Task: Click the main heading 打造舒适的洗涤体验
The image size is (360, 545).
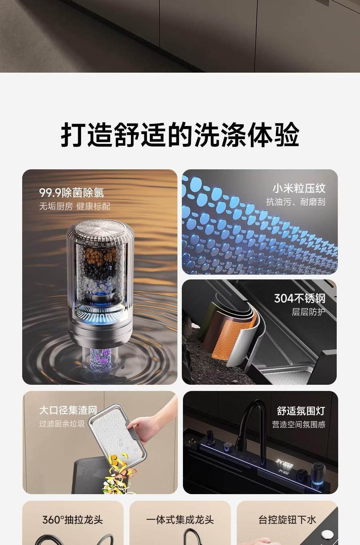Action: (180, 134)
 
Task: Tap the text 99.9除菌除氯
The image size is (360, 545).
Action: (71, 193)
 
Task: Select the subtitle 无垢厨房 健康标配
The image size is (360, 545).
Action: (75, 206)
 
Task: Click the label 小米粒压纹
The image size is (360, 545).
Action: (299, 189)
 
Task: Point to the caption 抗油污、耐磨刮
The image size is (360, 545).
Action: (296, 202)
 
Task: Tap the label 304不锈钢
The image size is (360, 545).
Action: (300, 298)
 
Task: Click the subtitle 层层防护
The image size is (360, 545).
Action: (309, 312)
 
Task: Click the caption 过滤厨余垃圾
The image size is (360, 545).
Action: (62, 424)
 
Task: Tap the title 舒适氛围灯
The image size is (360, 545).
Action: (301, 411)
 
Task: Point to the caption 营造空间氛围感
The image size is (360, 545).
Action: (299, 424)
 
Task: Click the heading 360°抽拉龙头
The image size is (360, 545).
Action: (73, 520)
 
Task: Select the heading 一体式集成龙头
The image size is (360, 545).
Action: (180, 520)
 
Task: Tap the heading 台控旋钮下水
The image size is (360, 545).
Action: (287, 520)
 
